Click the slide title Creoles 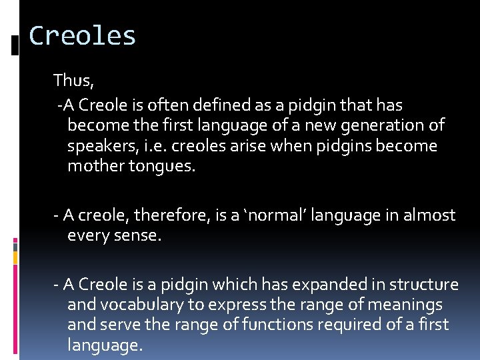tap(83, 36)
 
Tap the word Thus tap(73, 81)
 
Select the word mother tap(93, 166)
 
